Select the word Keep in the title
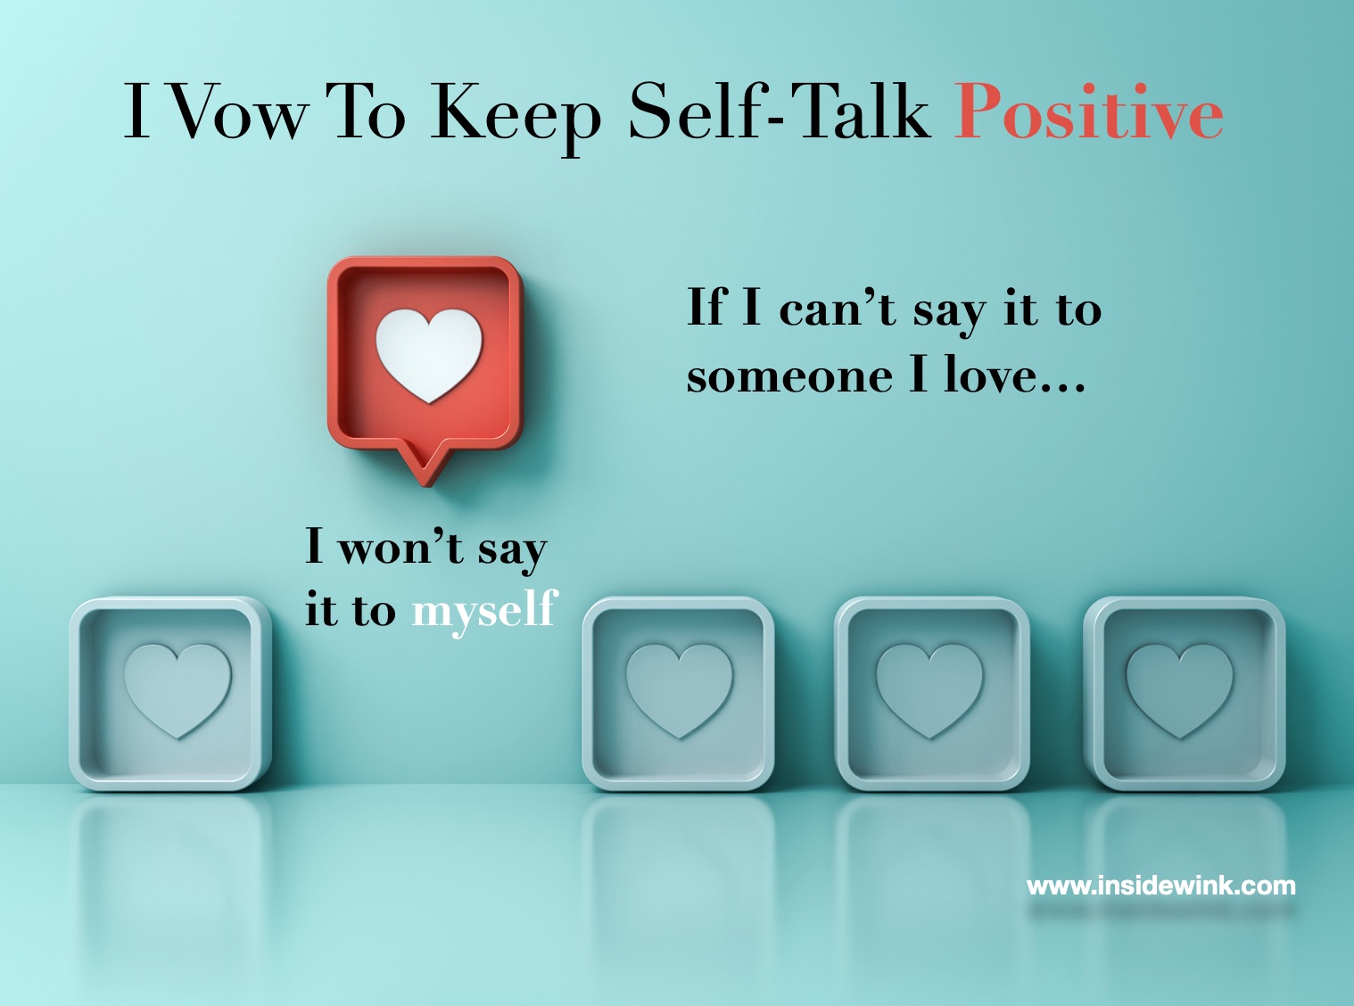(x=516, y=119)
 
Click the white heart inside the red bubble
(x=428, y=355)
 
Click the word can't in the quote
(x=838, y=309)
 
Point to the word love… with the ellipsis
(x=1014, y=373)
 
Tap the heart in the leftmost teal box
(x=178, y=689)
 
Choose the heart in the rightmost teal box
(x=1179, y=689)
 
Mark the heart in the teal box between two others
(x=929, y=689)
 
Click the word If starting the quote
(x=707, y=306)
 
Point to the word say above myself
(x=512, y=552)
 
